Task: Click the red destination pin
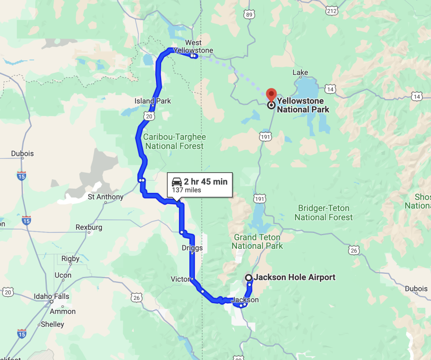point(271,93)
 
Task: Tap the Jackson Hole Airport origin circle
point(249,277)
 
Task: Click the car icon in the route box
point(177,182)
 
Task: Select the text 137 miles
point(186,190)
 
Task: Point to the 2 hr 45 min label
point(205,181)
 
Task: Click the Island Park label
point(153,101)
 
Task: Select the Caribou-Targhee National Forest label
point(174,141)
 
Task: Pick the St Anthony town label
point(106,197)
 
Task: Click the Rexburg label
point(89,227)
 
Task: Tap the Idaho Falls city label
point(51,296)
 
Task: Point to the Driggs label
point(192,248)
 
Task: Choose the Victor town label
point(180,279)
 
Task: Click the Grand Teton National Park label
point(257,242)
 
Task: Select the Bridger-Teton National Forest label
point(324,213)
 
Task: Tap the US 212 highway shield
point(332,11)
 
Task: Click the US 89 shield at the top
point(250,14)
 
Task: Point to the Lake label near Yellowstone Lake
point(300,73)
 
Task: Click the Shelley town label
point(52,324)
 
